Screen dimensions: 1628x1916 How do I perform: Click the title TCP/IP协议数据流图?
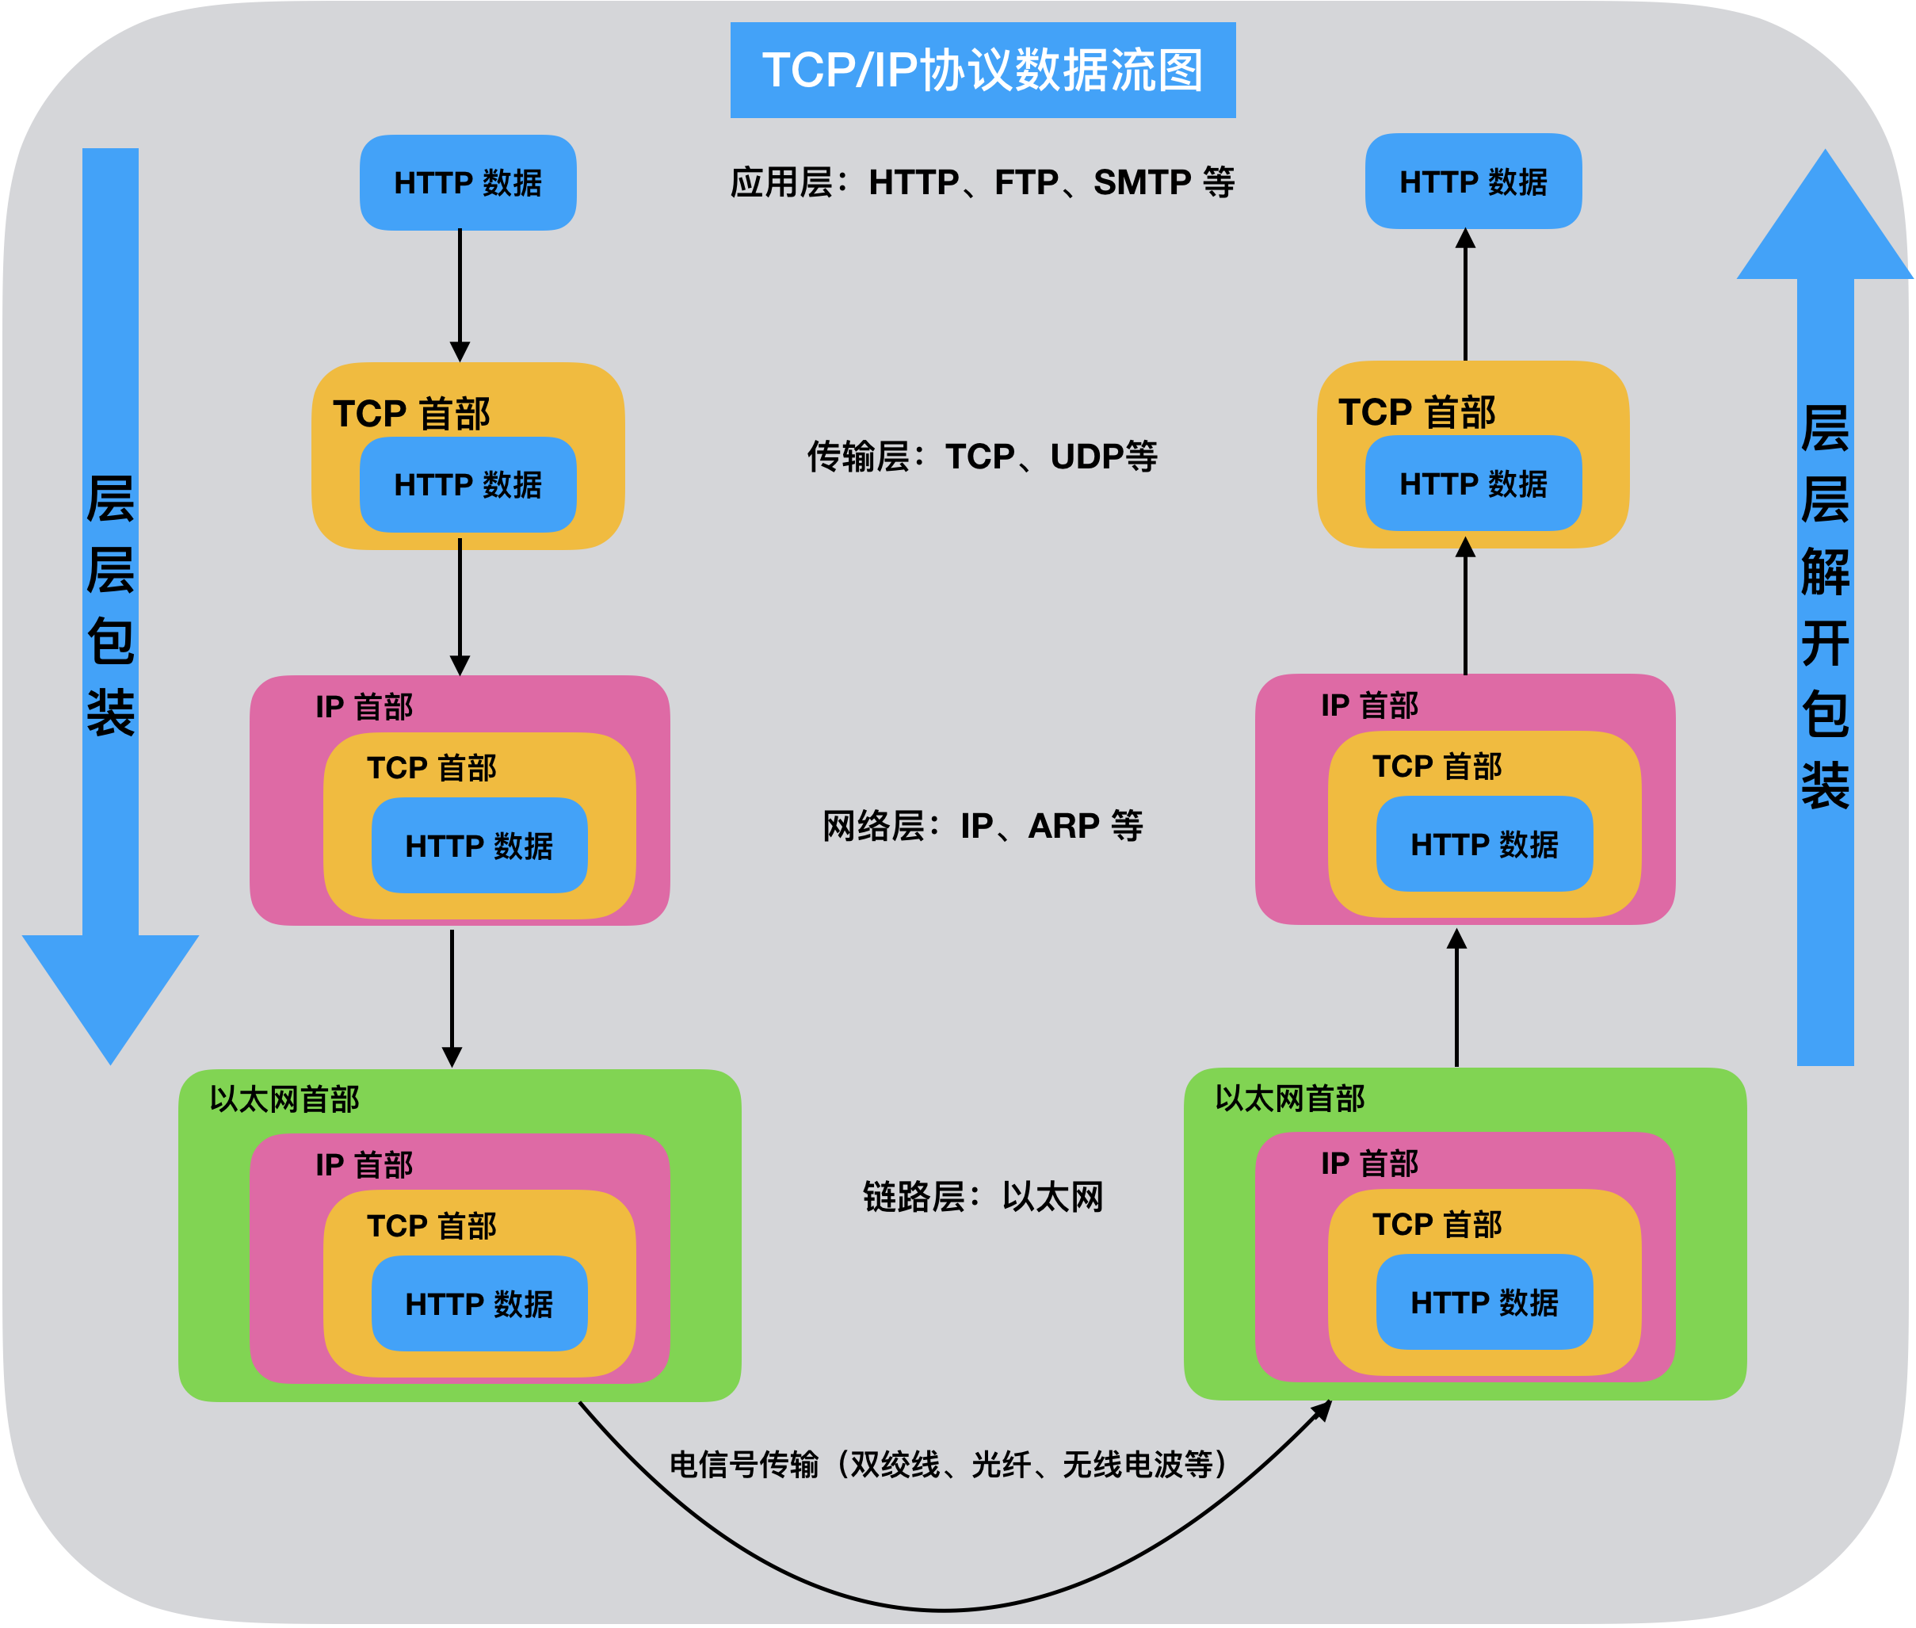click(x=982, y=70)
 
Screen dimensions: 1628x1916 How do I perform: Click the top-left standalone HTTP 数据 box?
click(x=468, y=183)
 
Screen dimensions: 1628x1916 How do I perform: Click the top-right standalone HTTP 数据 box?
click(x=1472, y=182)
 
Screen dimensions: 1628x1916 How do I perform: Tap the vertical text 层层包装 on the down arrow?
click(x=111, y=605)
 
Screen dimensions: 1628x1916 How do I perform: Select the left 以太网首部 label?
click(x=284, y=1099)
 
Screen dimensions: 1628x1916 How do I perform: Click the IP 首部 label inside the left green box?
click(x=364, y=1164)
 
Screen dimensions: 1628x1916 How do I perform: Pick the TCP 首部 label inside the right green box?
click(x=1437, y=1225)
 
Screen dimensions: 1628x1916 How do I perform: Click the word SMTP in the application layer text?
click(x=1142, y=183)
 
